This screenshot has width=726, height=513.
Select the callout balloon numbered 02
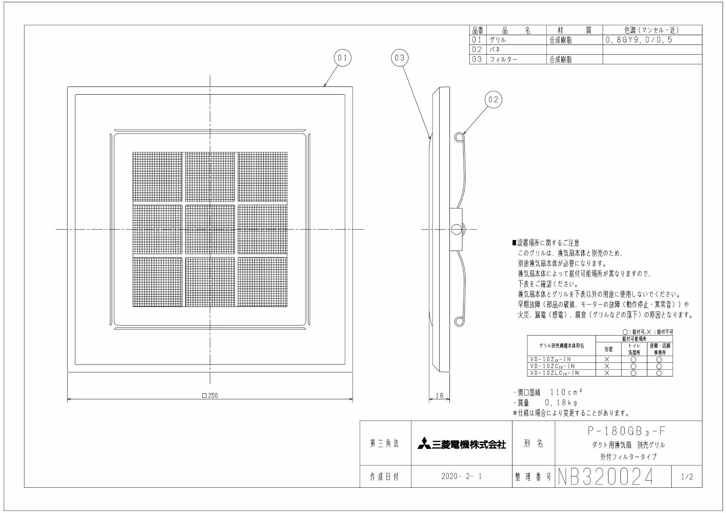[493, 100]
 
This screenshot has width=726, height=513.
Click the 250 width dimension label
[210, 396]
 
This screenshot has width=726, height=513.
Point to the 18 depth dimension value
[439, 396]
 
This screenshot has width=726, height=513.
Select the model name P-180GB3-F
[628, 431]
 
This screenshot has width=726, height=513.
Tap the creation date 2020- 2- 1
[462, 477]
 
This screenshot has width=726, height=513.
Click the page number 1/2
[686, 477]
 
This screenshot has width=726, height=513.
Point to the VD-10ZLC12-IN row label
[555, 373]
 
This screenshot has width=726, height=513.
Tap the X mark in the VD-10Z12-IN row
[607, 360]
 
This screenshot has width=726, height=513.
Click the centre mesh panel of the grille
[210, 230]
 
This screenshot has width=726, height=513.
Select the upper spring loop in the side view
[459, 137]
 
